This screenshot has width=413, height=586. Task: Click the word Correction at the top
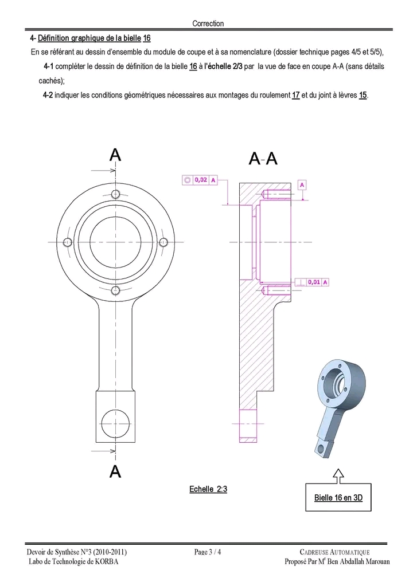208,23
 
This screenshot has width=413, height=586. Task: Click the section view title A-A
263,159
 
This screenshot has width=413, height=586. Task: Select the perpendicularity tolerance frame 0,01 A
312,282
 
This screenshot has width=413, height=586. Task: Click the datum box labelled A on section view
302,184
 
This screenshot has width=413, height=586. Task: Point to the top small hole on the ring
115,192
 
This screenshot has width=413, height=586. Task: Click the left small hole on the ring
67,242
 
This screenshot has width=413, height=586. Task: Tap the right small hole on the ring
163,242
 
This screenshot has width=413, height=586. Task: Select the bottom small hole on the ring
115,290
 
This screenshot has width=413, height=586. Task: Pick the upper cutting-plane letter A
115,155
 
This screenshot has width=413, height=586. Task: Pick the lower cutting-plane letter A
115,472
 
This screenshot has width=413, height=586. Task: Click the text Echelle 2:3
208,489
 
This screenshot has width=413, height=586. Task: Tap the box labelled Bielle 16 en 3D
338,497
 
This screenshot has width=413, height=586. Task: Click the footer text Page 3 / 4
208,552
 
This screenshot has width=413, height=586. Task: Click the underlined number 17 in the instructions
296,95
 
